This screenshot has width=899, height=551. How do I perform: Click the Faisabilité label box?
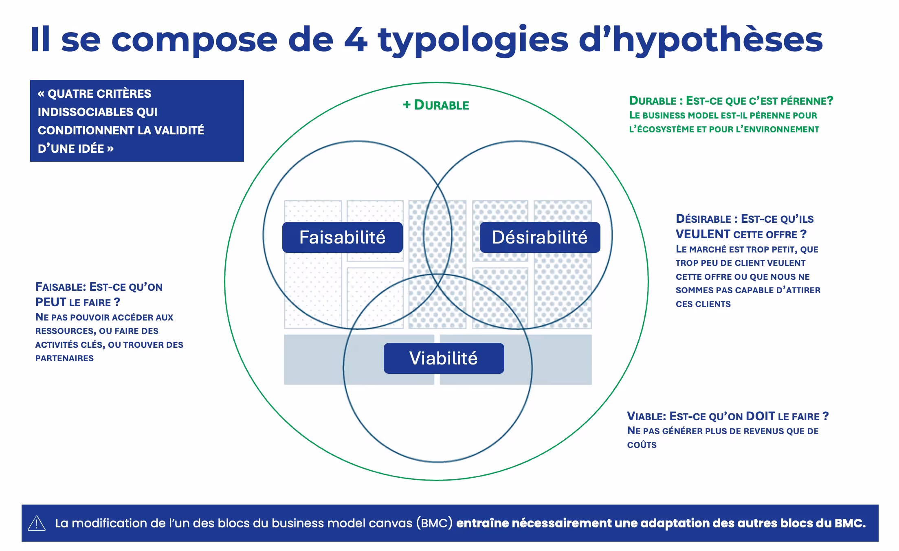[x=342, y=237]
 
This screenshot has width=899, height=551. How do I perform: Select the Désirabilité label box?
[x=539, y=237]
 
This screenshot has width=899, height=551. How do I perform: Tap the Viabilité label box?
[x=443, y=358]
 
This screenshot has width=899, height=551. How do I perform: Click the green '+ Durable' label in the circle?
[x=436, y=105]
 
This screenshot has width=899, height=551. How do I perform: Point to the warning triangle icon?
[x=37, y=523]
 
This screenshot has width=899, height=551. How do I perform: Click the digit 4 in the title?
[x=356, y=40]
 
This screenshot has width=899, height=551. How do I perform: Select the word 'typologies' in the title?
[x=473, y=40]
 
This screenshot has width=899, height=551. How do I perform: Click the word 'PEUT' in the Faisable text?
[x=51, y=302]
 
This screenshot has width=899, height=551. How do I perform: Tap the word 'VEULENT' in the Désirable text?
[x=703, y=234]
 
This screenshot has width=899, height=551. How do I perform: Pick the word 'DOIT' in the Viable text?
[x=760, y=416]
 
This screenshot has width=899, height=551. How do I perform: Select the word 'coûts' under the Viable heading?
[x=642, y=445]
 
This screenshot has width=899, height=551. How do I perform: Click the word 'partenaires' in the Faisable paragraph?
[x=64, y=358]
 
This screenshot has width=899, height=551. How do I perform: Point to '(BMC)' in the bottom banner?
[x=434, y=523]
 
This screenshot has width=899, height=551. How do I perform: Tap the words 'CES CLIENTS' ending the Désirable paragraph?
[x=703, y=304]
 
